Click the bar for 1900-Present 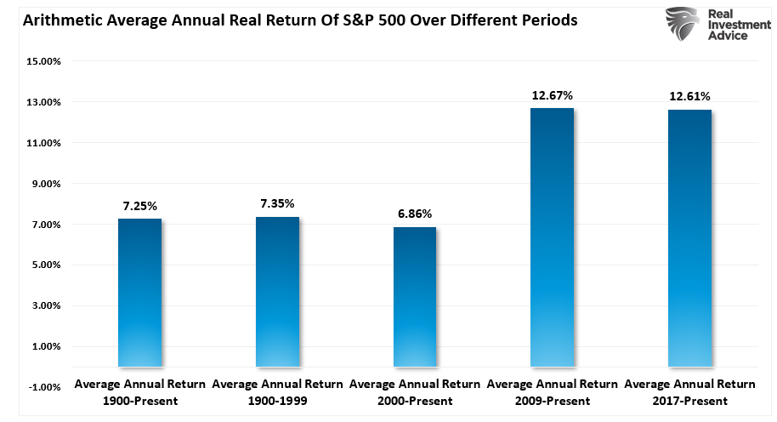click(139, 293)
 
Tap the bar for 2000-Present click(414, 297)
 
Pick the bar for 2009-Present click(552, 237)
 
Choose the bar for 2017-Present click(689, 238)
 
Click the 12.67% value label click(552, 95)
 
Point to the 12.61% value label click(689, 96)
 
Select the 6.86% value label click(414, 214)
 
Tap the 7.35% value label click(277, 204)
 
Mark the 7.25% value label click(139, 205)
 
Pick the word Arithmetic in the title click(52, 20)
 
